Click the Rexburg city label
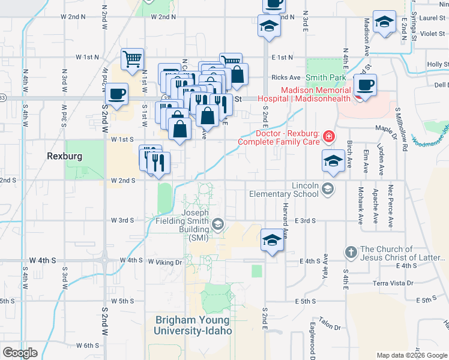click(x=64, y=155)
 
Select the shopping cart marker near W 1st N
click(x=133, y=59)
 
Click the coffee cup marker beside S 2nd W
click(x=118, y=94)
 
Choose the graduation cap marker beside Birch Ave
click(x=333, y=160)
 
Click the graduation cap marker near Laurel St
click(x=383, y=22)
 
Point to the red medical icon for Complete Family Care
click(x=328, y=137)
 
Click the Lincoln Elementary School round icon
click(x=327, y=190)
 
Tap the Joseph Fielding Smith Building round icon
click(x=217, y=225)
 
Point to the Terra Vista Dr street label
click(x=393, y=283)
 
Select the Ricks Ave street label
click(x=286, y=77)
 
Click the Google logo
click(x=20, y=353)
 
